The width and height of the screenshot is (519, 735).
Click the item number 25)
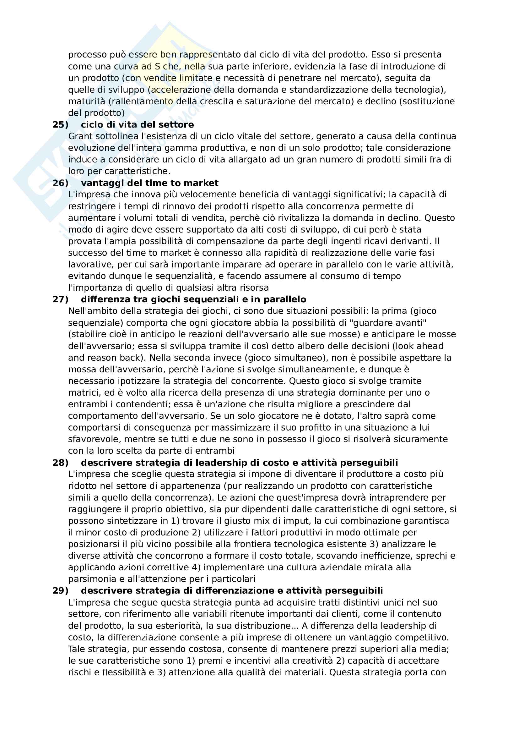(x=60, y=124)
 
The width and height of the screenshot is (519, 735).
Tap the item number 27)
(x=60, y=299)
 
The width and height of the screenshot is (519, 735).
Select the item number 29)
(x=60, y=591)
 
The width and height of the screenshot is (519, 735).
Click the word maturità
(x=86, y=101)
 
